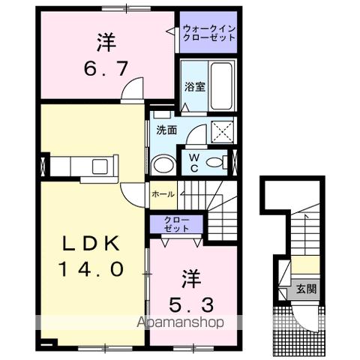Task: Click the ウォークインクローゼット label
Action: click(x=208, y=32)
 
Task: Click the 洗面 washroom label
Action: click(x=166, y=129)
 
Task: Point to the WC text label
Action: click(x=193, y=163)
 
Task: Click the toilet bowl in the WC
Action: click(x=217, y=162)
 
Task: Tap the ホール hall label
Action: click(x=163, y=194)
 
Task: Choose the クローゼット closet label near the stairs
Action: click(x=177, y=223)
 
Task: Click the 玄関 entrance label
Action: click(x=305, y=289)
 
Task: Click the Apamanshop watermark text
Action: click(x=180, y=323)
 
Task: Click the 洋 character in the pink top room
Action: click(x=108, y=42)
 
